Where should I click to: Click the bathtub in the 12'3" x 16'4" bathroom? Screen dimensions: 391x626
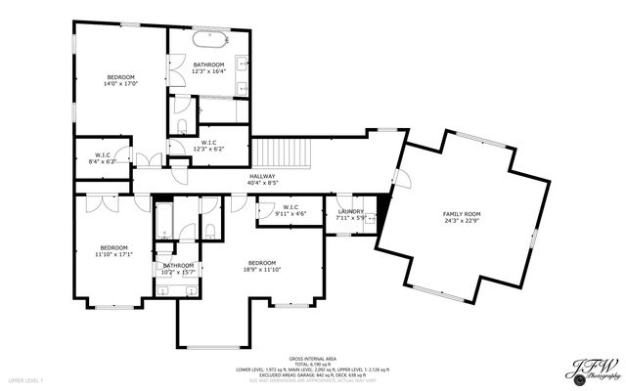[209, 41]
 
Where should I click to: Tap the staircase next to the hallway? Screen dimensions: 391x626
[282, 153]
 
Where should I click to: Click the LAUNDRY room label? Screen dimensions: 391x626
[351, 211]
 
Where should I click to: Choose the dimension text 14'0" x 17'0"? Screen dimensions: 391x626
[121, 83]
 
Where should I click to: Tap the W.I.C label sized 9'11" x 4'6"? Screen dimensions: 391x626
[291, 212]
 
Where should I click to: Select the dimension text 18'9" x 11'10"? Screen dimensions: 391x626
[261, 269]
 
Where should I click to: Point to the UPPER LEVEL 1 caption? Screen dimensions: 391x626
[27, 379]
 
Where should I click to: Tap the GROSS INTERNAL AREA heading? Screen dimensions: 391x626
[312, 360]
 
